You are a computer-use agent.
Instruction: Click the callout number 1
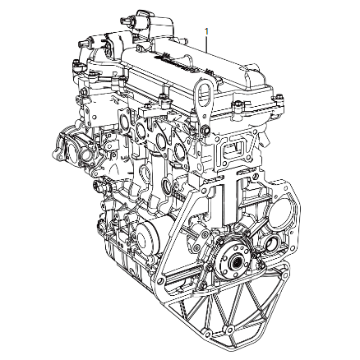(x=206, y=31)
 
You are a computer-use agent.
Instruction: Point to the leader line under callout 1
(x=206, y=44)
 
